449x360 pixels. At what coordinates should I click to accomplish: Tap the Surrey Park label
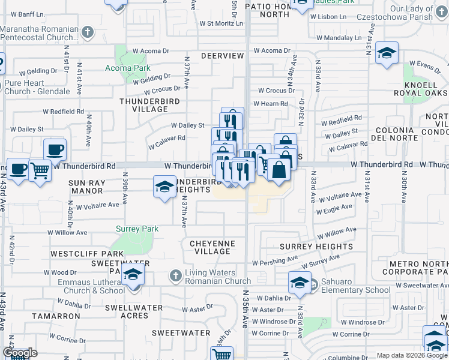pos(137,229)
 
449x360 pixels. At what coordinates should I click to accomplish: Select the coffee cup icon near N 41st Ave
pos(55,149)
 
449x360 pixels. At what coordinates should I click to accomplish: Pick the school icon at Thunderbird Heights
pos(164,187)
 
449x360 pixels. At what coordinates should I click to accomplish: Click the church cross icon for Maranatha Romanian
pos(87,31)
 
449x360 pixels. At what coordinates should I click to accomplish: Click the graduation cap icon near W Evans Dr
pos(387,53)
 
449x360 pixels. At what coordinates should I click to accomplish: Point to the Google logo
pos(20,353)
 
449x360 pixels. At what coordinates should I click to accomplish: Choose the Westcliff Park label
pos(79,254)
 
